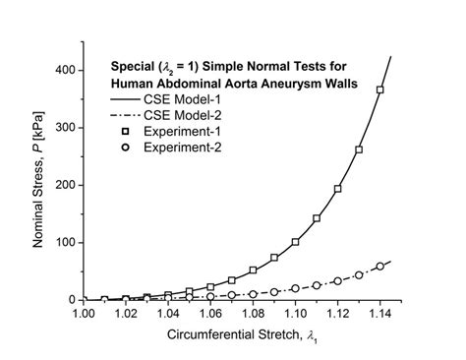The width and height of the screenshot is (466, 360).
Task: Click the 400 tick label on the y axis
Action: coord(64,71)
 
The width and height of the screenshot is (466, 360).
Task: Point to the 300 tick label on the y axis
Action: coord(64,128)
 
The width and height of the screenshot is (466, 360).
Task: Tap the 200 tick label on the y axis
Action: coord(64,185)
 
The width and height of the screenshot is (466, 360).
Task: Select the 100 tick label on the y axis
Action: coord(64,242)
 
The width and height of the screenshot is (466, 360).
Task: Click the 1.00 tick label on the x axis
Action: coord(84,315)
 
